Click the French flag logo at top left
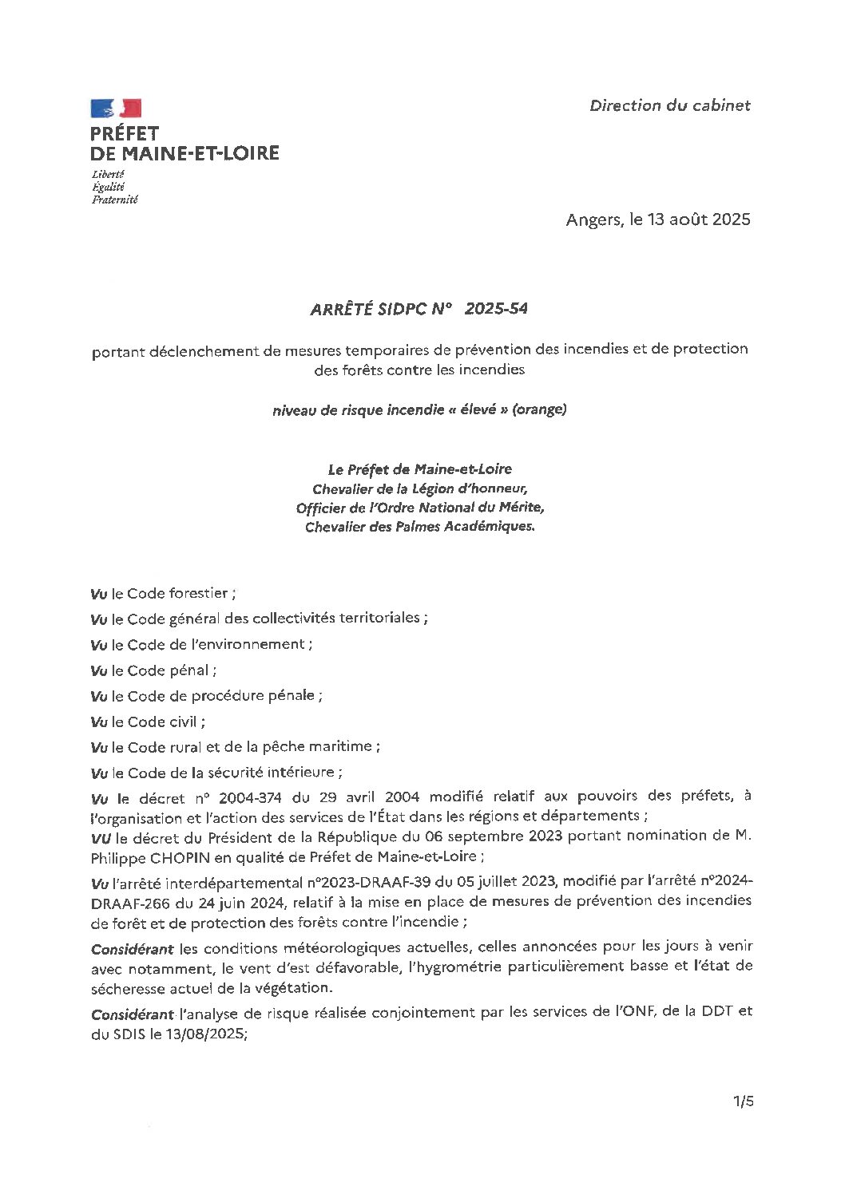coord(116,109)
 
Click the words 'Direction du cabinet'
coord(669,105)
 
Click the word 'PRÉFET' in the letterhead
coord(125,133)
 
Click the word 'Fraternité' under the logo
coord(114,200)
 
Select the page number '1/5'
coord(743,1101)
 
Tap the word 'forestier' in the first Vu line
coord(197,593)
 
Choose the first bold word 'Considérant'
coord(132,949)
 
